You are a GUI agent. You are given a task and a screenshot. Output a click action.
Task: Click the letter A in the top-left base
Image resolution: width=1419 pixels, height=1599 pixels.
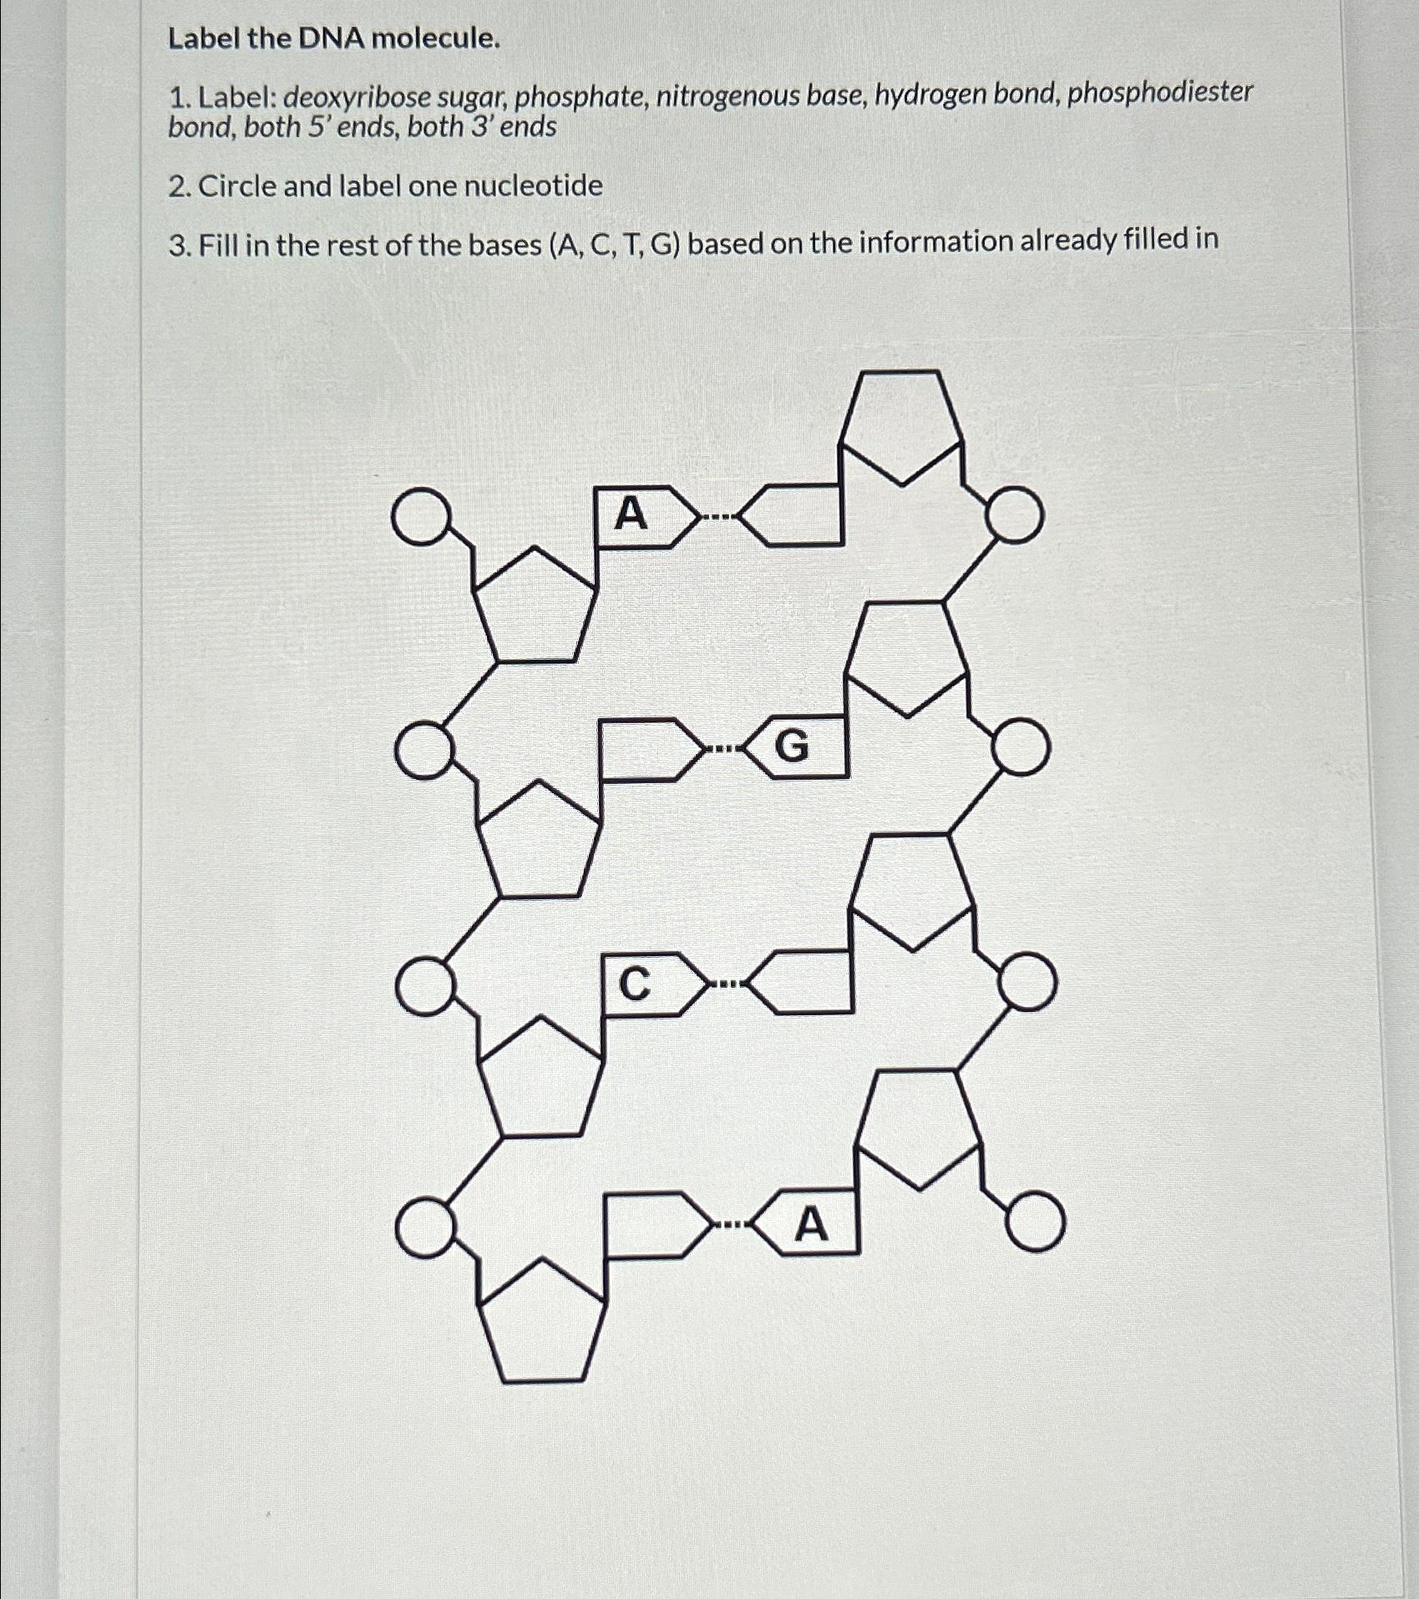click(x=631, y=514)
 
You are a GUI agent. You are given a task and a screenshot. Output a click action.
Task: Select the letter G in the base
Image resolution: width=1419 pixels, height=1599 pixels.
click(x=792, y=746)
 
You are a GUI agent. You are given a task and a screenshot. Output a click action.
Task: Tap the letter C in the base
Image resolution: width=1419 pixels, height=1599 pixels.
click(x=635, y=984)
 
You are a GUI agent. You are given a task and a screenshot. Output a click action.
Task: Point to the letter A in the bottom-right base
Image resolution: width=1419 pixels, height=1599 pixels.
click(x=812, y=1225)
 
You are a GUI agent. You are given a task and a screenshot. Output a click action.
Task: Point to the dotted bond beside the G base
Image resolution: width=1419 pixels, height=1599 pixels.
click(x=721, y=748)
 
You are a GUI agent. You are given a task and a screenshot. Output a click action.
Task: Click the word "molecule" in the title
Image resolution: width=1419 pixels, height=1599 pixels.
click(x=435, y=38)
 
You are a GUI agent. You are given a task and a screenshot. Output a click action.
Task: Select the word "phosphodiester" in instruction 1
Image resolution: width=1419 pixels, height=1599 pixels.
click(x=1160, y=93)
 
